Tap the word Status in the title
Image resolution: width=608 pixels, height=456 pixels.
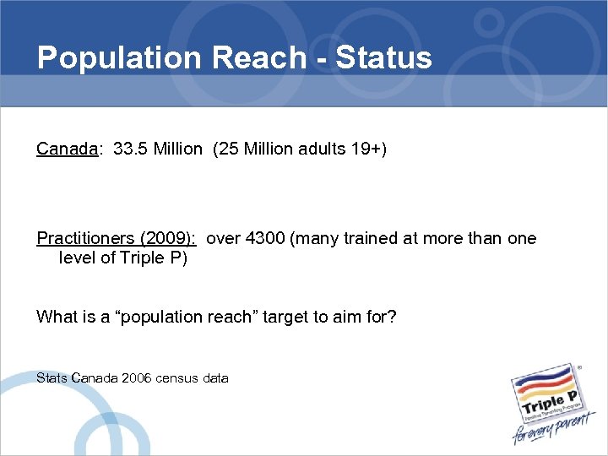tap(383, 57)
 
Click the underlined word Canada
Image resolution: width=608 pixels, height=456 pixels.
tap(68, 149)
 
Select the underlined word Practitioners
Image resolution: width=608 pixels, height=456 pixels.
tap(80, 239)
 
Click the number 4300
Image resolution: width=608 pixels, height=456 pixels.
tap(264, 239)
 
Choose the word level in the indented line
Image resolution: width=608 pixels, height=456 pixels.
tap(77, 258)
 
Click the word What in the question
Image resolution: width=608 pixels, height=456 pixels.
tap(54, 318)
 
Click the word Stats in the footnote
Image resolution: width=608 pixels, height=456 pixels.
tap(52, 378)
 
